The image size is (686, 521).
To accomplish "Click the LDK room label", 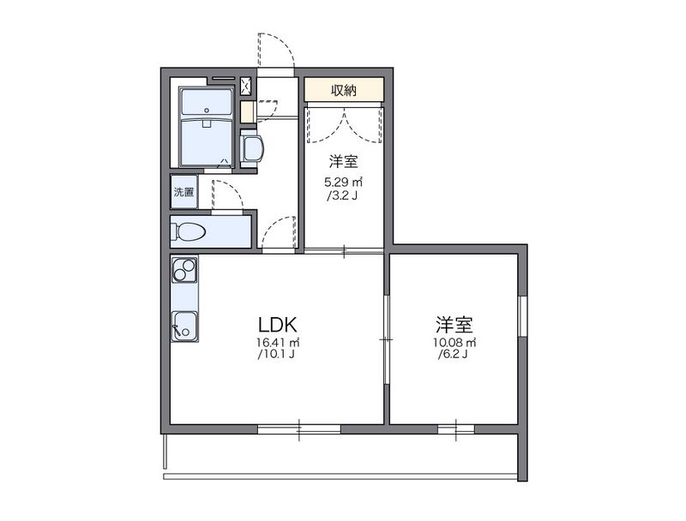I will (x=277, y=325).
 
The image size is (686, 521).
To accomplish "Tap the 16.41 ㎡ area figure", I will (x=276, y=343).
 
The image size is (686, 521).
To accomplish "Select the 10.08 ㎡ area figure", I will (x=455, y=343).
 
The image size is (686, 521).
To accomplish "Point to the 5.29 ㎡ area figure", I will (x=344, y=182).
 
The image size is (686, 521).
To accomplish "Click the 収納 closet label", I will (x=344, y=90).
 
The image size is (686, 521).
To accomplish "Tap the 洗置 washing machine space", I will (x=184, y=192).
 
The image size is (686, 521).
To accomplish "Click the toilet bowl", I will (x=189, y=231).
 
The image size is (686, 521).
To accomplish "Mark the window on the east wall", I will (x=521, y=316).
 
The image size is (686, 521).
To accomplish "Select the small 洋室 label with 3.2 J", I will (x=344, y=161).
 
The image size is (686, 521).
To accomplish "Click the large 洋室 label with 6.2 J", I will (x=455, y=325).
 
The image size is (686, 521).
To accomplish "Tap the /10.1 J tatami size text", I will (x=276, y=354).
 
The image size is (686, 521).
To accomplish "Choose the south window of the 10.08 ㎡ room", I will (x=456, y=426).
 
